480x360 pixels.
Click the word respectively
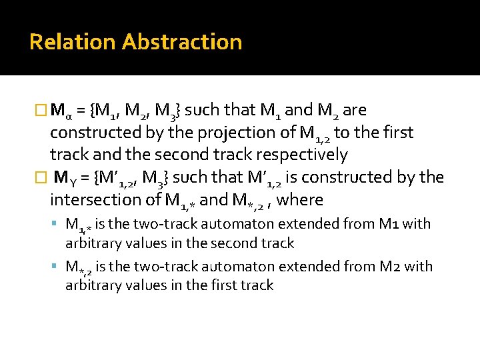point(301,155)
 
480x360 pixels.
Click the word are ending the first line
point(355,110)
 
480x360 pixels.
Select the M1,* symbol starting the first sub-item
point(78,225)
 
